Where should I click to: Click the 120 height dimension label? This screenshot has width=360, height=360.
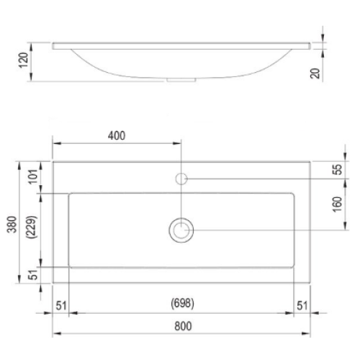tap(24, 60)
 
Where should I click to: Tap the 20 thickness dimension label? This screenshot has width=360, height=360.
tap(315, 73)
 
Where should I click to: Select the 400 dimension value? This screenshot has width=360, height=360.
tap(117, 135)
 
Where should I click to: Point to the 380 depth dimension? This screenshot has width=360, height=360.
tap(12, 225)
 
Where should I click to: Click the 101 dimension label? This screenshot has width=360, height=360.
tap(33, 176)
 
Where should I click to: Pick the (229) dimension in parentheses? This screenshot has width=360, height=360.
tap(32, 227)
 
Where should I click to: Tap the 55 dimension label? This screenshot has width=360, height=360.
tap(338, 169)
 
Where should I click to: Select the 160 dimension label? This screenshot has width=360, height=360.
tap(337, 204)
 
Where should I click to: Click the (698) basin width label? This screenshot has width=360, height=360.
tap(182, 303)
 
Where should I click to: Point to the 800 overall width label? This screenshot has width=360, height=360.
tap(183, 326)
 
